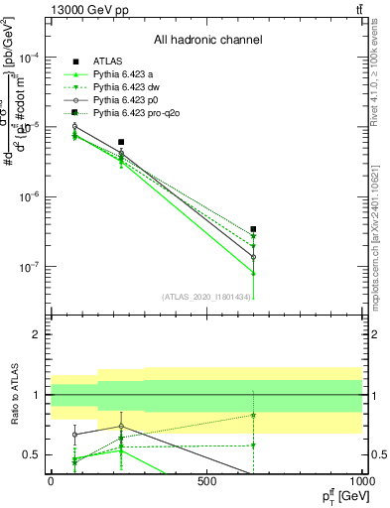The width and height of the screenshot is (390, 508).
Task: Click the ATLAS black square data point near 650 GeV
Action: (x=254, y=229)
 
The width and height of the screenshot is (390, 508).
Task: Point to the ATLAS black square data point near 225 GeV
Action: (x=121, y=143)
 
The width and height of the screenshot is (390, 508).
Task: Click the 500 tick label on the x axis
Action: (x=207, y=480)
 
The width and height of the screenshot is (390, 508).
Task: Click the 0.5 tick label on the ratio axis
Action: (x=32, y=454)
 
